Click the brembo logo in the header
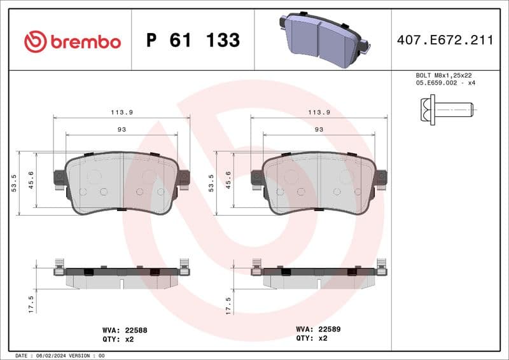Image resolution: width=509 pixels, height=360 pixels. [x=72, y=41]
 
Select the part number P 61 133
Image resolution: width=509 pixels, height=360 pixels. [x=193, y=41]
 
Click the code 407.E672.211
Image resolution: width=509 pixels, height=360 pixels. [x=445, y=41]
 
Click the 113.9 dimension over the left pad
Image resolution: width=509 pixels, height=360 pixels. [x=122, y=112]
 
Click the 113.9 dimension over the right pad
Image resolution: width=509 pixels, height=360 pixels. [x=319, y=112]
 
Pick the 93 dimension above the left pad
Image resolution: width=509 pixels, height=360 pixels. [x=122, y=129]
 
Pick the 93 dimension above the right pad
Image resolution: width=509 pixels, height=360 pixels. [x=319, y=129]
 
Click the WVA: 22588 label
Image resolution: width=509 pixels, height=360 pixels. [x=125, y=330]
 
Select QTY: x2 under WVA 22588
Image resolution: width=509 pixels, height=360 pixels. [x=118, y=339]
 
